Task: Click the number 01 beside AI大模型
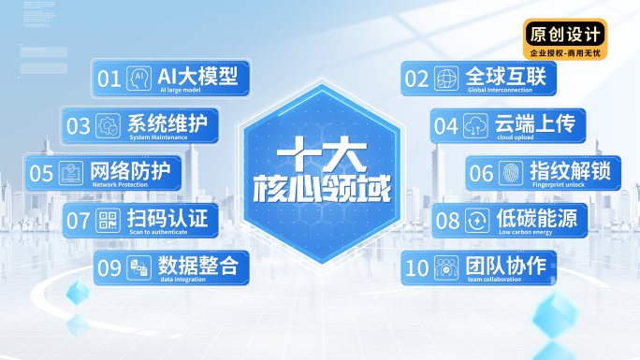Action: pos(109,79)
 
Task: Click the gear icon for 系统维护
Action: pos(108,125)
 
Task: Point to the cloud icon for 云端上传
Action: pos(475,125)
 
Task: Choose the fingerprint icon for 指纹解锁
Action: pos(511,173)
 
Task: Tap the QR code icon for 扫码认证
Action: pos(108,221)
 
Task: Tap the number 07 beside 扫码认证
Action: pos(79,222)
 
